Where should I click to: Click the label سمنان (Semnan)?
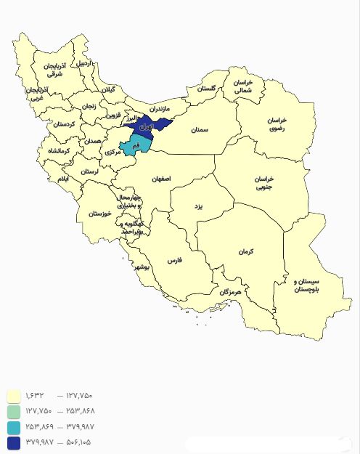(x=200, y=130)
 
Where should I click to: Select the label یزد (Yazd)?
(x=196, y=206)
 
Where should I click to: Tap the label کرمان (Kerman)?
(x=246, y=251)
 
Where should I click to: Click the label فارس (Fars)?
(x=174, y=259)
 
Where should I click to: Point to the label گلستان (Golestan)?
(x=207, y=89)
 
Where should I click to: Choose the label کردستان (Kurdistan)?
(x=63, y=124)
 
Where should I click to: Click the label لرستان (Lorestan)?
(x=89, y=171)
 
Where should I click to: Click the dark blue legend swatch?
(x=13, y=442)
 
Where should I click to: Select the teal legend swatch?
(x=13, y=426)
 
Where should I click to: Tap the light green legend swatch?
(x=13, y=411)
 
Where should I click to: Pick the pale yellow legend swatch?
(x=13, y=396)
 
